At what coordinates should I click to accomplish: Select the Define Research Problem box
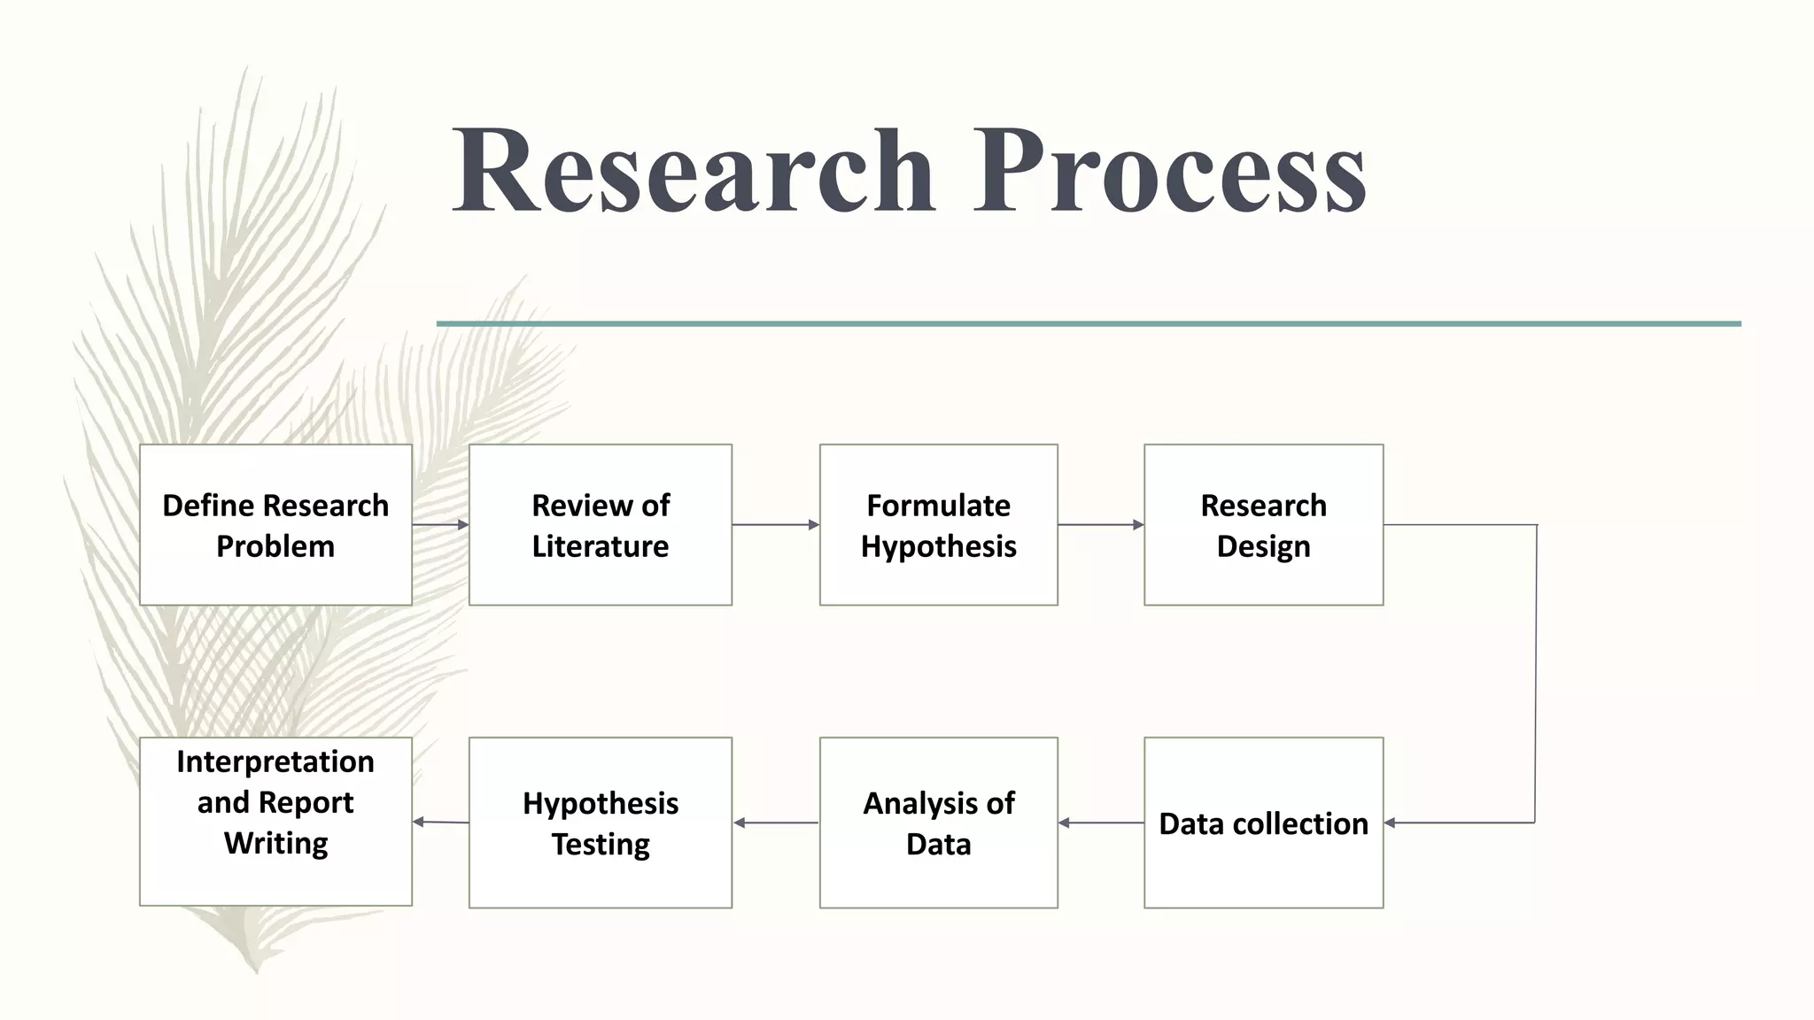[275, 525]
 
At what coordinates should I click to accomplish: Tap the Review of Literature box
[601, 525]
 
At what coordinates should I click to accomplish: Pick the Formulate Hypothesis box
[939, 525]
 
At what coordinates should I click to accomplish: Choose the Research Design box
[1264, 525]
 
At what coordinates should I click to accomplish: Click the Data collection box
[1264, 823]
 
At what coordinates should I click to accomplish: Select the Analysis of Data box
[939, 823]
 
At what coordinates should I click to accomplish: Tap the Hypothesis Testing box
[601, 823]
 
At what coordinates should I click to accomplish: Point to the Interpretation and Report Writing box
[275, 821]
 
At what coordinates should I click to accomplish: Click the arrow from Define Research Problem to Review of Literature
[440, 525]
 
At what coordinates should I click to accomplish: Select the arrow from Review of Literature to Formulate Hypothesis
[775, 525]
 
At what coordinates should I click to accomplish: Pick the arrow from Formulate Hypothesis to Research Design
[1101, 525]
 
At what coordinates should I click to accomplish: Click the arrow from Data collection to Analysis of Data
[1101, 823]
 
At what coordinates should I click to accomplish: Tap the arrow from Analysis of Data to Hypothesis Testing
[776, 823]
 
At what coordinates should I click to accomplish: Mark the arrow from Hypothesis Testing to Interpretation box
[440, 823]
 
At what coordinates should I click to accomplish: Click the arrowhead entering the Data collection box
[1391, 823]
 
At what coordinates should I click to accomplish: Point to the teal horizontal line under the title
[1089, 324]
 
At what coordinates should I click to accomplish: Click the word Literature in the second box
[601, 546]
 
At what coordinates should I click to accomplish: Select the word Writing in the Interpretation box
[275, 843]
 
